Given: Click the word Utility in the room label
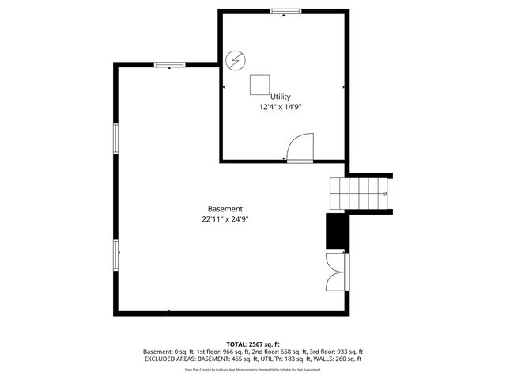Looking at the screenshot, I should coord(281,97).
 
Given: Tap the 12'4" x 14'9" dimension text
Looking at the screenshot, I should coord(281,107).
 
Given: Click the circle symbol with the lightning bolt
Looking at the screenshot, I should coord(235,59).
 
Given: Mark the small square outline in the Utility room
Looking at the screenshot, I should coord(260,85).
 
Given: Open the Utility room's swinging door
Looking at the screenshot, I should coord(301,148).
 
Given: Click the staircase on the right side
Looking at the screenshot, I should coord(360,192).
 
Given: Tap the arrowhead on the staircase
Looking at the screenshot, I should coord(385,192).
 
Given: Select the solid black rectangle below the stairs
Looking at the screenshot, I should coord(336,232).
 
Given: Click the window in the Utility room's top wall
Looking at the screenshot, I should coord(285,12).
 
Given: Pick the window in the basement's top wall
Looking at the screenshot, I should coord(169,65).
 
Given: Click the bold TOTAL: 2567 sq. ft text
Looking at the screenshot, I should coord(252,344).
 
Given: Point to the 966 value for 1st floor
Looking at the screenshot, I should coord(231,351).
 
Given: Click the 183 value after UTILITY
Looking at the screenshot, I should coord(289,359).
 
